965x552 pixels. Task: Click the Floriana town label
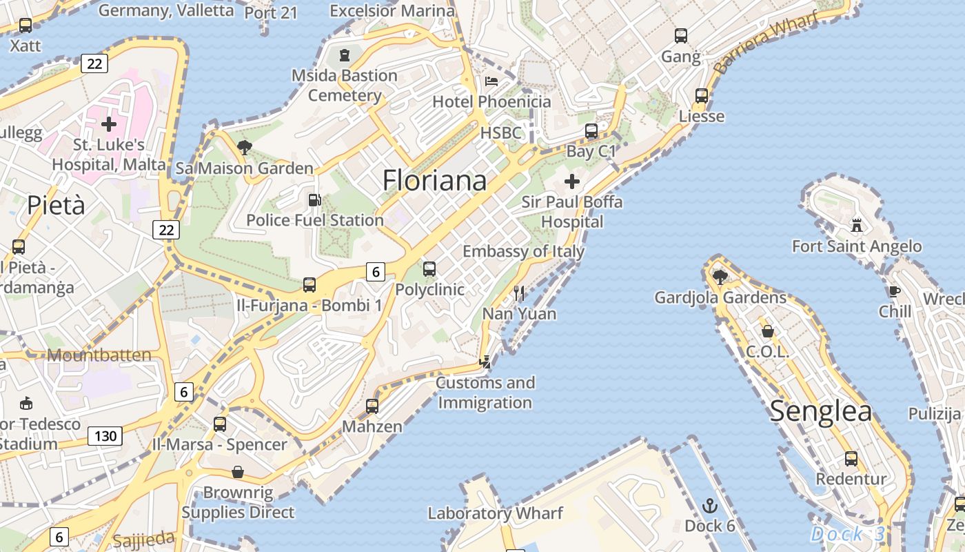pos(434,180)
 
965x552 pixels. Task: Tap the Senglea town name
pos(820,411)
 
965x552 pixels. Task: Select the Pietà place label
pos(57,205)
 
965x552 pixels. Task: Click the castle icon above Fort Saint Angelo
pos(857,225)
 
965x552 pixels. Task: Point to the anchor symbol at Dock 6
pos(709,506)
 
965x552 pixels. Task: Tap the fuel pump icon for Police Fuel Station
pos(314,200)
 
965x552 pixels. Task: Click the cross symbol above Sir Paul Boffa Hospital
pos(571,181)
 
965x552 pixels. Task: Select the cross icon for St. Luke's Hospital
pos(108,124)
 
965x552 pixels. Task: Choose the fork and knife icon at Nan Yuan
pos(519,293)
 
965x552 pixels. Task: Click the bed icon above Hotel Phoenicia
pos(491,81)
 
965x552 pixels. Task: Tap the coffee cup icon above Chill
pos(894,291)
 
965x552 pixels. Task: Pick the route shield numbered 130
pos(105,436)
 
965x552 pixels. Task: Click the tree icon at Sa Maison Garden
pos(244,147)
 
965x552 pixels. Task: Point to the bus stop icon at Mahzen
pos(372,406)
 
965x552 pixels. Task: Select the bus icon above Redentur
pos(851,458)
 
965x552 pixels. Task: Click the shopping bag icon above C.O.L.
pos(767,331)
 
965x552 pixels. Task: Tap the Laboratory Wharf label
pos(495,513)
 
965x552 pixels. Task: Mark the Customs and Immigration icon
pos(486,361)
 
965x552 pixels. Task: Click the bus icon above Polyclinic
pos(429,268)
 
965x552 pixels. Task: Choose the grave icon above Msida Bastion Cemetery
pos(344,55)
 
